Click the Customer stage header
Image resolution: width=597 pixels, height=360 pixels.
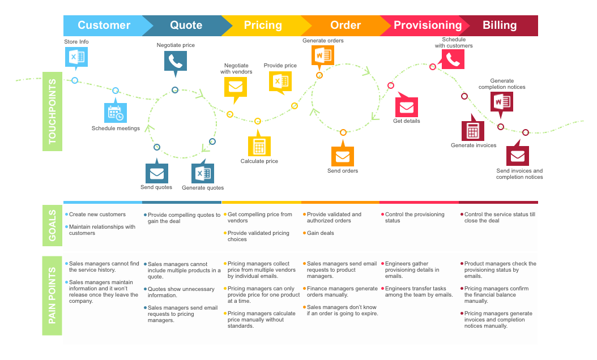click(104, 25)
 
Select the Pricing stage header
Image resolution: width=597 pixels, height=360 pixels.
click(263, 25)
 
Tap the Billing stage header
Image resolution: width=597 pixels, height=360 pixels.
click(500, 25)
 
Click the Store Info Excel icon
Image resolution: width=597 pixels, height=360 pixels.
click(76, 57)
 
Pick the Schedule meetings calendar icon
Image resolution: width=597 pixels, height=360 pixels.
click(115, 113)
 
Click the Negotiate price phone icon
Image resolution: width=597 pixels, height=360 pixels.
click(175, 61)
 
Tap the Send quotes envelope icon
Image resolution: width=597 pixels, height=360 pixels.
click(156, 173)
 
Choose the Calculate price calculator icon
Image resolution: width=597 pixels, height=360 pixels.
click(259, 147)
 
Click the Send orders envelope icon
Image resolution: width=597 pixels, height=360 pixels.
click(343, 156)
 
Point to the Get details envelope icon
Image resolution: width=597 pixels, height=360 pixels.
click(406, 107)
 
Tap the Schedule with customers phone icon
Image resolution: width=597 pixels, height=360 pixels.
click(453, 59)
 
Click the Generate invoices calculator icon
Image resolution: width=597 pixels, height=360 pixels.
click(473, 131)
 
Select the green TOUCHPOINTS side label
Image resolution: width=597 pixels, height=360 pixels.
click(53, 112)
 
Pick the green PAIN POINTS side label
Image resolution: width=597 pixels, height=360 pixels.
click(53, 295)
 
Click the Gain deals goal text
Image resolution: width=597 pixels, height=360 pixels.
click(321, 233)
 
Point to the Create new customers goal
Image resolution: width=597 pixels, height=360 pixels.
click(97, 215)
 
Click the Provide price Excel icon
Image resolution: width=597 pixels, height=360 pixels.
click(280, 81)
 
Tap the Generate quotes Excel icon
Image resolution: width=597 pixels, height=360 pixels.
click(202, 173)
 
